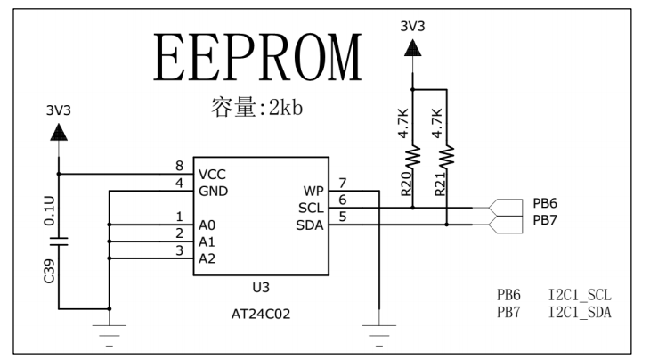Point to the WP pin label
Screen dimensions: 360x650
[x=313, y=190]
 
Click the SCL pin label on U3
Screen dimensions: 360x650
[x=311, y=208]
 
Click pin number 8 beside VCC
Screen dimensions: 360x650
[x=179, y=166]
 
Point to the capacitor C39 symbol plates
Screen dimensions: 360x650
[x=59, y=241]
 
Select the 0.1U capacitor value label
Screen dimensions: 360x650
[x=49, y=213]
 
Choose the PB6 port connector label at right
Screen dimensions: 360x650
[x=545, y=204]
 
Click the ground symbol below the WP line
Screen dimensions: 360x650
[x=380, y=329]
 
